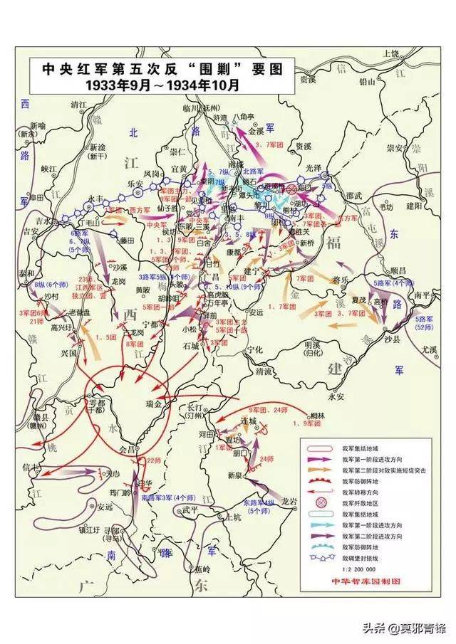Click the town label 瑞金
[x=152, y=403]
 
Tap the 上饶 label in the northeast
[x=391, y=53]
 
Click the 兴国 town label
[x=69, y=354]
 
